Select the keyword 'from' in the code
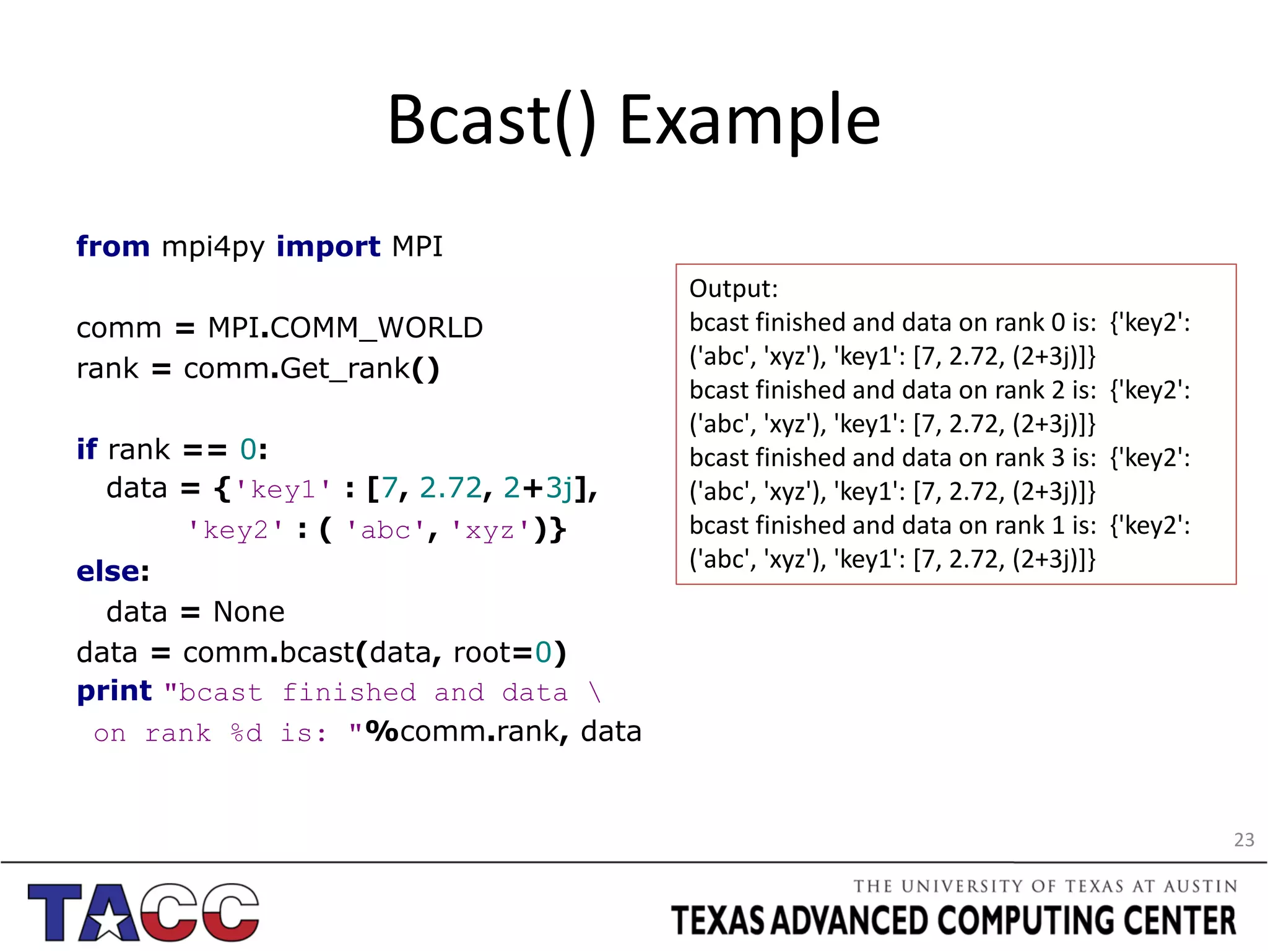(113, 246)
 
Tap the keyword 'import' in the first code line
(328, 246)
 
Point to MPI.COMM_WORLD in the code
(345, 328)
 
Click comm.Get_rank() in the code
(311, 369)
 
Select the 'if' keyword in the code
(87, 449)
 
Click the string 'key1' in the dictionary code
(283, 490)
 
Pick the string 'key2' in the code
(235, 531)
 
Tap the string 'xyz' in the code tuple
(490, 531)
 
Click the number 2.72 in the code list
(450, 489)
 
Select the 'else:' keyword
(113, 571)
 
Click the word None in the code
(249, 612)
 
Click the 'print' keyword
(115, 691)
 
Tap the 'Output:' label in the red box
(733, 289)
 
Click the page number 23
(1243, 840)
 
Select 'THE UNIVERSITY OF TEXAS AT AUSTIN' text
(1044, 886)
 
